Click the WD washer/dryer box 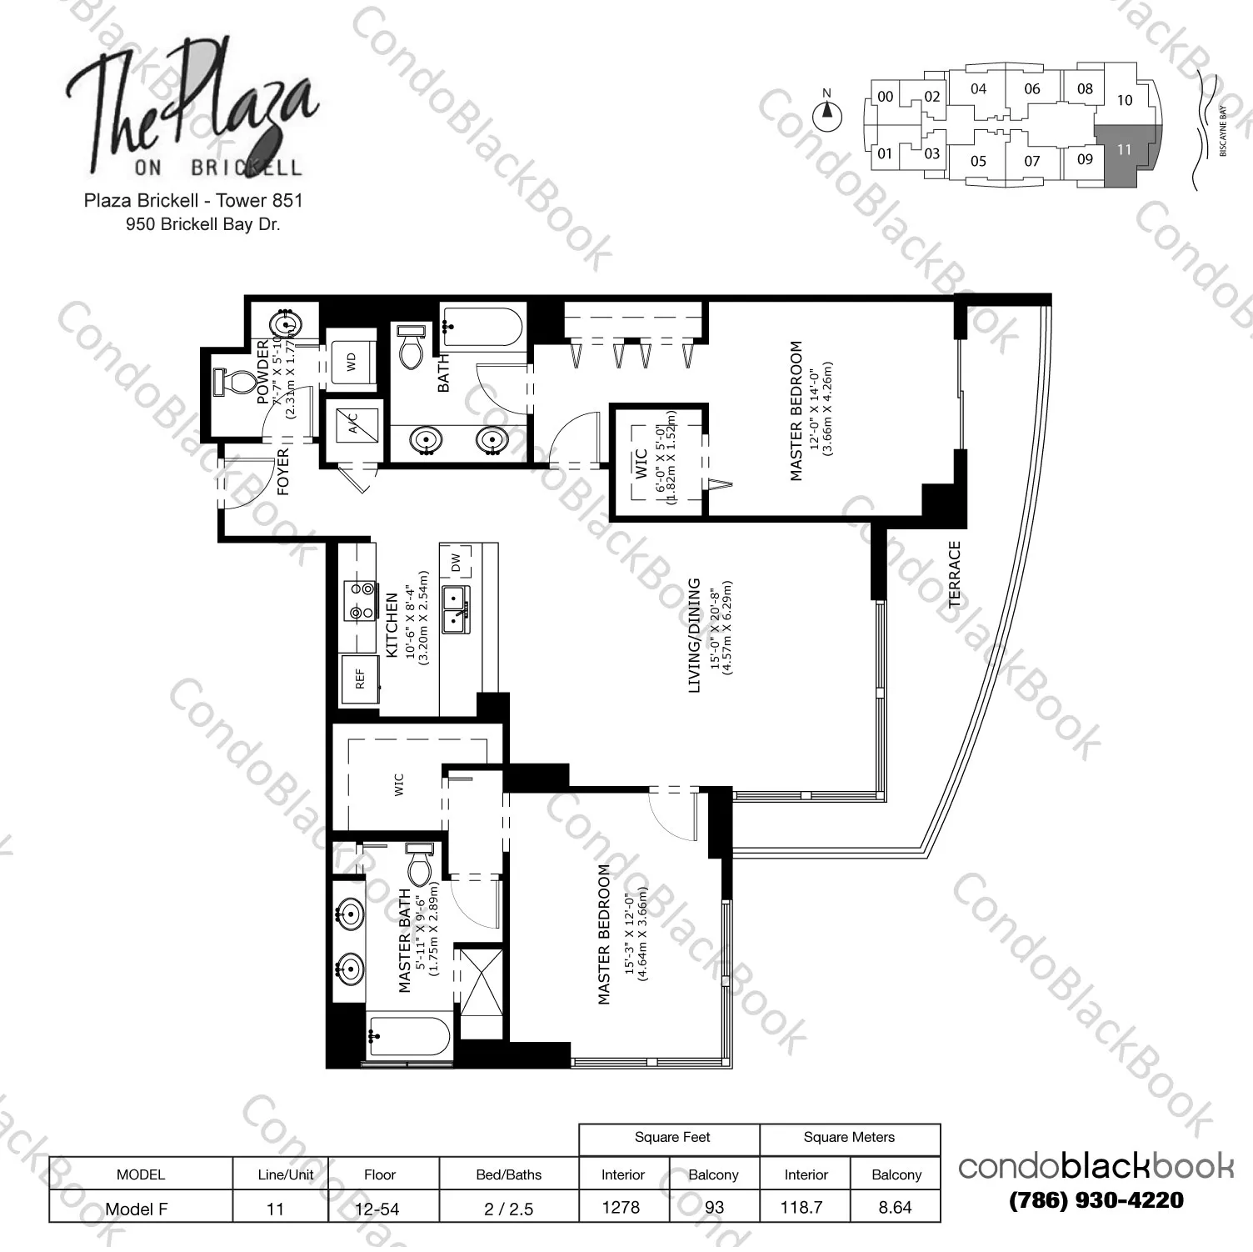352,362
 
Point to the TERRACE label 954,574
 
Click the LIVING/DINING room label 694,635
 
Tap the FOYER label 283,473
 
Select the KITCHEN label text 392,625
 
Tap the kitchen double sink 455,608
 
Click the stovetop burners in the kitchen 362,601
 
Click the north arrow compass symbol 826,113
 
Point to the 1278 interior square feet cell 622,1207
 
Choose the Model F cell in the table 137,1208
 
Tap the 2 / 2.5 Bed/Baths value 508,1208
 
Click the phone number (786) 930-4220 1096,1200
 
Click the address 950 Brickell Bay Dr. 202,224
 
